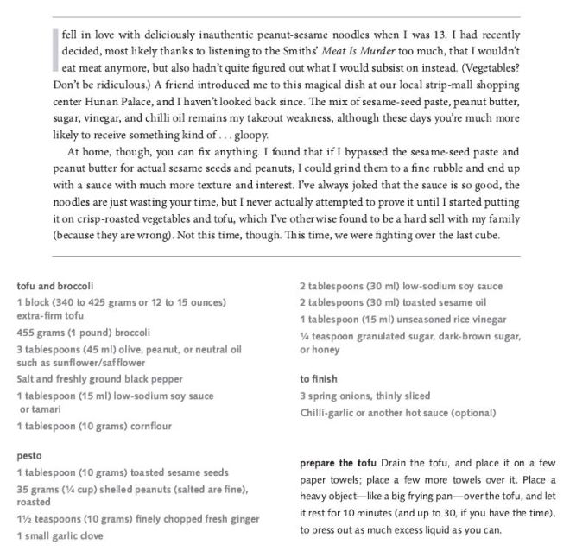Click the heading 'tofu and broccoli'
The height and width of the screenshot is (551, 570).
point(54,286)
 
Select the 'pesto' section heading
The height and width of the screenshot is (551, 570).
point(30,454)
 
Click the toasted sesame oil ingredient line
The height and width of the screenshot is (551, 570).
point(393,302)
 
